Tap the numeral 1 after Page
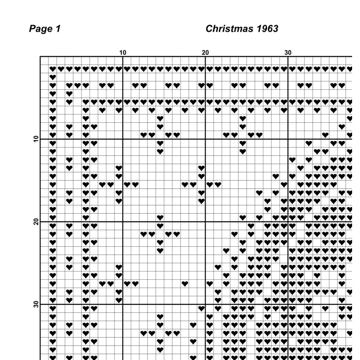(x=58, y=29)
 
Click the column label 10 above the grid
(x=123, y=53)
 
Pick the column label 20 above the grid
(x=205, y=53)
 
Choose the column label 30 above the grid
(x=288, y=53)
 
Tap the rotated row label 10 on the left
(x=36, y=139)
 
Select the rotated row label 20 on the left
(x=36, y=222)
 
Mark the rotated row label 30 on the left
(x=36, y=305)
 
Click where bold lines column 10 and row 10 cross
(x=123, y=139)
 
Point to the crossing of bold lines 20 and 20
(x=205, y=222)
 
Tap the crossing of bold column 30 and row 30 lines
(x=288, y=304)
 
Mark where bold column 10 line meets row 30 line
(x=123, y=304)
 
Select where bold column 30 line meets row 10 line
(x=288, y=139)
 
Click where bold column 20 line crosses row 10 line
(x=205, y=139)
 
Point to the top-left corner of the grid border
(x=40, y=57)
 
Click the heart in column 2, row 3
(x=53, y=77)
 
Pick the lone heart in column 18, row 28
(x=185, y=284)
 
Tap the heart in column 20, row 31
(x=201, y=309)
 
